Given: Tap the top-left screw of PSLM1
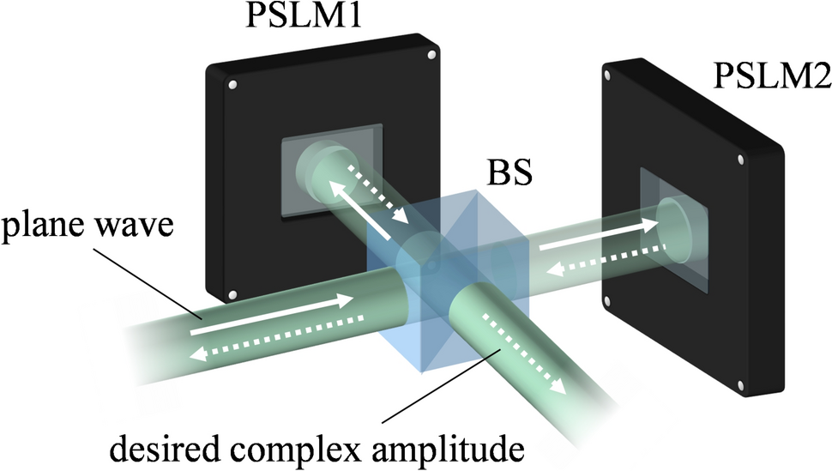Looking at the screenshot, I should [232, 86].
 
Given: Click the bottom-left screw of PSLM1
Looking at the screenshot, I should [232, 296].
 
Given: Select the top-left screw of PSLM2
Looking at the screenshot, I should [608, 75].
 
